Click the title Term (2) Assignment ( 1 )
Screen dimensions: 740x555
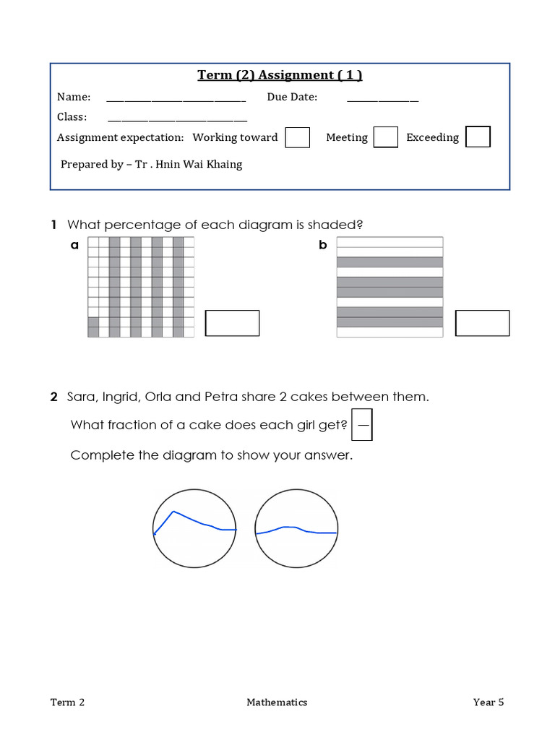click(280, 75)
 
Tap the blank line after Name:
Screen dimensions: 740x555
click(176, 100)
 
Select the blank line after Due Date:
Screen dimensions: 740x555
click(383, 100)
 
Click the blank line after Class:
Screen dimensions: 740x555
click(177, 119)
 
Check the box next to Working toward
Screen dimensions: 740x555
click(298, 137)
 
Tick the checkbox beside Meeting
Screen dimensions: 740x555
click(385, 137)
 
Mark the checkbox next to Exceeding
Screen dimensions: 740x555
click(478, 137)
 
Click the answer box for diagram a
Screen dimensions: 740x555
click(232, 323)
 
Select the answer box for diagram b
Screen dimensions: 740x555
click(482, 323)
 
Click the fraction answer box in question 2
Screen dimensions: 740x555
click(362, 426)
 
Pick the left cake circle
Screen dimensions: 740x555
click(195, 529)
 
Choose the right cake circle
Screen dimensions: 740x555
click(296, 529)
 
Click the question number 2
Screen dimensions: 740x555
click(53, 397)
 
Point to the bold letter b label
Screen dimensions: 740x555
click(323, 245)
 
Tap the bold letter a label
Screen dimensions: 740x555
click(74, 245)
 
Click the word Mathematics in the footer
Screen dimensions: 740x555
click(277, 702)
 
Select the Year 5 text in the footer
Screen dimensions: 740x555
click(489, 702)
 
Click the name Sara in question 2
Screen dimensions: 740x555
click(82, 397)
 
